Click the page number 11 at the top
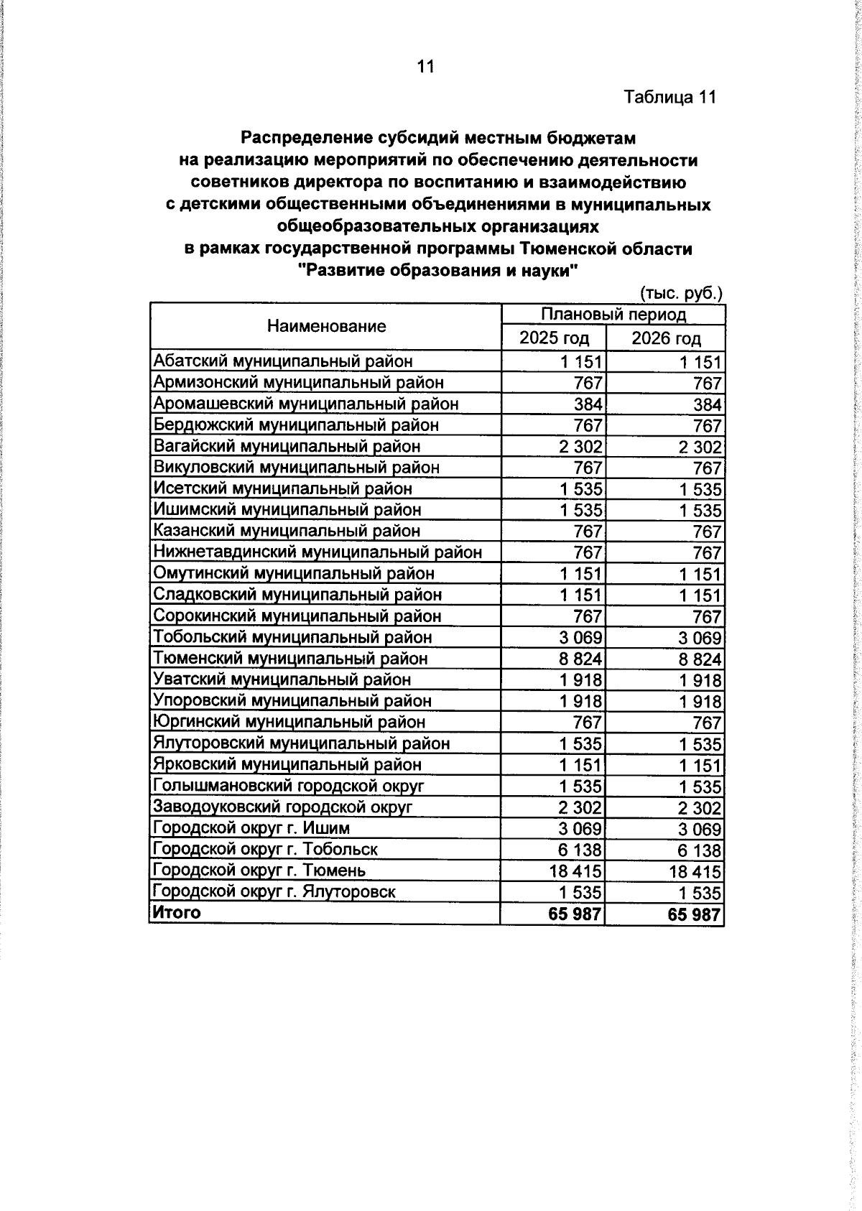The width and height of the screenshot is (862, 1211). click(425, 67)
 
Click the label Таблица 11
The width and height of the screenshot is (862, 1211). click(669, 97)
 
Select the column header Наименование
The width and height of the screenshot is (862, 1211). click(326, 326)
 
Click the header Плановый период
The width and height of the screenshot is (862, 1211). click(613, 315)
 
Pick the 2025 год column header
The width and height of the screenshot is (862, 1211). click(554, 338)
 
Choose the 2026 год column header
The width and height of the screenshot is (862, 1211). click(666, 338)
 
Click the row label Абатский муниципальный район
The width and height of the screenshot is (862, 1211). click(283, 361)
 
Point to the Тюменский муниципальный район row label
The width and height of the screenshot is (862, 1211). click(290, 658)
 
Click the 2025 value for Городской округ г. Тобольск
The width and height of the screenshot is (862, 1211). click(581, 850)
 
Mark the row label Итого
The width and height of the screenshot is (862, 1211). click(176, 912)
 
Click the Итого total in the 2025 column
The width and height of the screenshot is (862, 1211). click(575, 914)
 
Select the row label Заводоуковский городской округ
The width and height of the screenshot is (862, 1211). click(283, 807)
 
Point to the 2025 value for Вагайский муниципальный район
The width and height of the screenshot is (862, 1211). click(581, 447)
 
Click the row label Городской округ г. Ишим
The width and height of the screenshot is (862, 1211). click(252, 828)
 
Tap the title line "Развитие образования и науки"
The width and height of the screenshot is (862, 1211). click(437, 271)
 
